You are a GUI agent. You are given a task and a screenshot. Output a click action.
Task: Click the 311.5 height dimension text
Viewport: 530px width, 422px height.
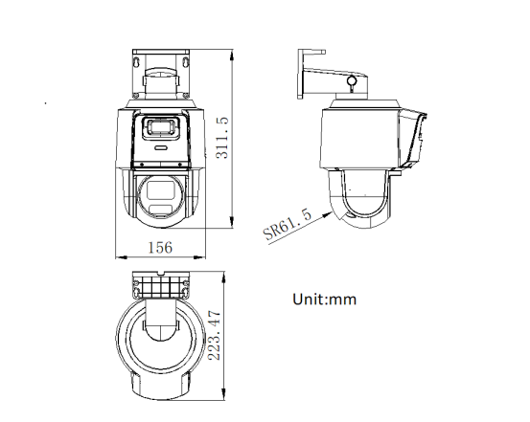pos(221,138)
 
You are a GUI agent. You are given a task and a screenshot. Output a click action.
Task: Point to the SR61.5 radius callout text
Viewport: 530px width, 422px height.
pos(287,225)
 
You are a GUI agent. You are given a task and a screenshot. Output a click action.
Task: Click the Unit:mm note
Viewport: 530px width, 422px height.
pos(324,300)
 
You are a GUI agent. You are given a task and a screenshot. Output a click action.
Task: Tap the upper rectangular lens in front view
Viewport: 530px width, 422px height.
pos(159,127)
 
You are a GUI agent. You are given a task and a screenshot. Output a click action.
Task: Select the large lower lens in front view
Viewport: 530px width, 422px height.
pos(159,197)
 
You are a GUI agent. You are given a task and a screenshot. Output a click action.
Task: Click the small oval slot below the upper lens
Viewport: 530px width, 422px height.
pos(160,148)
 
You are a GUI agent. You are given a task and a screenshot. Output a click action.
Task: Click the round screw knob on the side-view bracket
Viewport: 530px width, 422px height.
pos(353,83)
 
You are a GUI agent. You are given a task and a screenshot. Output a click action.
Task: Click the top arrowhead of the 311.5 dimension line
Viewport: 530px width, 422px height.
pos(235,49)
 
